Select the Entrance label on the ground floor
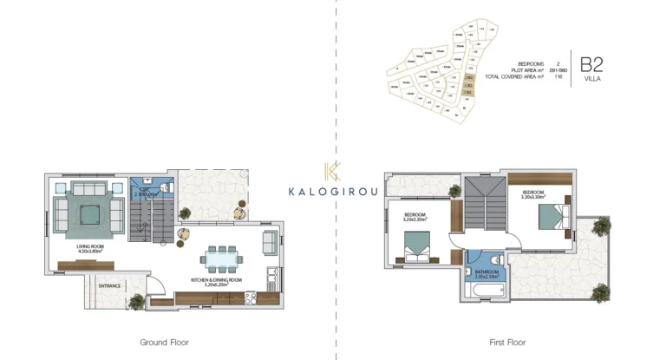click(x=109, y=285)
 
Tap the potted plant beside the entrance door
click(x=135, y=301)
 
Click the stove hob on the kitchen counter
click(x=252, y=298)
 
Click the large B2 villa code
click(x=591, y=63)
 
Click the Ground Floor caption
click(x=164, y=342)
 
